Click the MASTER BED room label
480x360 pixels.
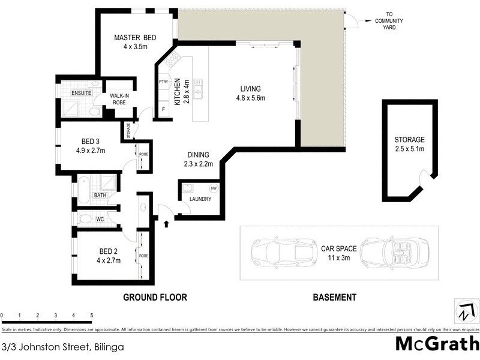coord(135,42)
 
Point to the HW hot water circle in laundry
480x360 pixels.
coord(214,188)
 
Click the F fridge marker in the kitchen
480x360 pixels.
coord(163,110)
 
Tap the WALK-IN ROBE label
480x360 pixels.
coord(119,99)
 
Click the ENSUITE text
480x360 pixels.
coord(81,94)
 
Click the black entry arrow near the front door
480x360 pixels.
coord(166,224)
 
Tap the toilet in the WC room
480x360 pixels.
coord(84,219)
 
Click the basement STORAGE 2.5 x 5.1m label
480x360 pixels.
coord(409,144)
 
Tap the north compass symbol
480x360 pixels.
coord(464,313)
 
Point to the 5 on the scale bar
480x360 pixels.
coord(91,315)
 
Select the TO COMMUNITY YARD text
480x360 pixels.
coord(389,21)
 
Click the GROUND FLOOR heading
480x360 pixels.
coord(155,297)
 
